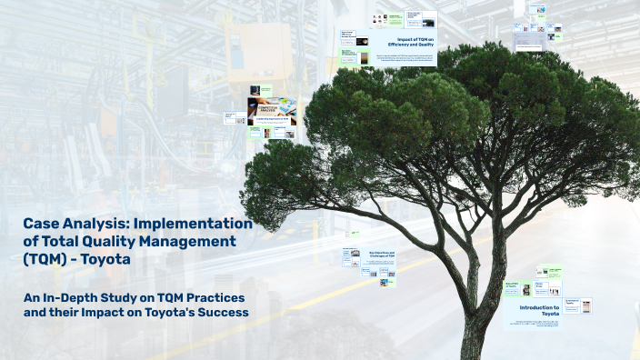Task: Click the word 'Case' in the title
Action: [x=43, y=223]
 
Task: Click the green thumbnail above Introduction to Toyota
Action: [x=550, y=272]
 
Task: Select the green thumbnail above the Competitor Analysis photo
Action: [x=265, y=90]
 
